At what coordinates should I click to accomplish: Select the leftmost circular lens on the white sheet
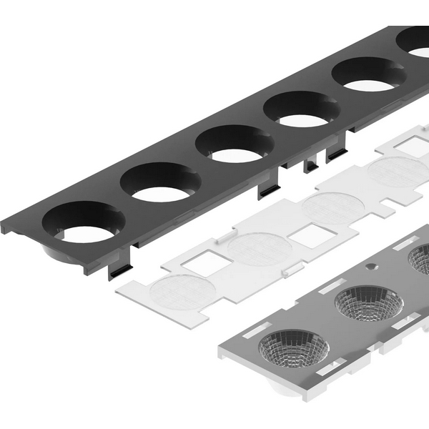click(183, 293)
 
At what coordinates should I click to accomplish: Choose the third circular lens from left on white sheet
click(333, 208)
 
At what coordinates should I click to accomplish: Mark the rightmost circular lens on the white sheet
click(398, 172)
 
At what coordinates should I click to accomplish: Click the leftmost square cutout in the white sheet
click(207, 263)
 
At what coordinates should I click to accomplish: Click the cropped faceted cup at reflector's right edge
click(421, 259)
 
